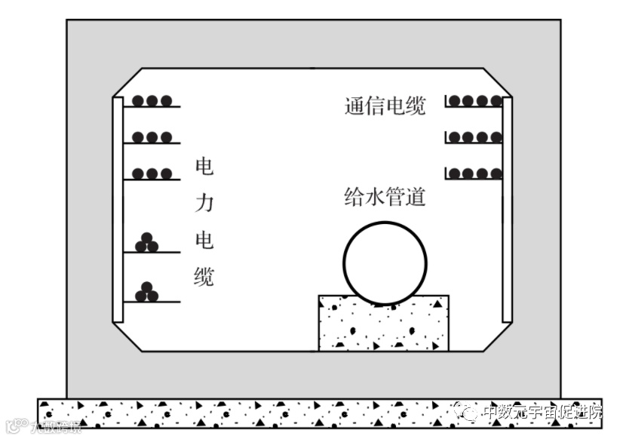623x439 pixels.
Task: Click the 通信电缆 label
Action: [385, 106]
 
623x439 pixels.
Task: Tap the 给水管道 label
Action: [385, 198]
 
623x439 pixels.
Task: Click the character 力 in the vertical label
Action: [204, 203]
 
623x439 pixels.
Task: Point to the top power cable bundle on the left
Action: [152, 101]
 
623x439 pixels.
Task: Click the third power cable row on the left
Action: [152, 173]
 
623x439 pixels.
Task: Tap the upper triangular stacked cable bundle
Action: [146, 242]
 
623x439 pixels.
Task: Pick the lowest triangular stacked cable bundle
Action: [146, 292]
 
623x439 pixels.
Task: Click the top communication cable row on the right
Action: [476, 101]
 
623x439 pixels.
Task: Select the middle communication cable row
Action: [476, 137]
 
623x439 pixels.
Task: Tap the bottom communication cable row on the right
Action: [476, 173]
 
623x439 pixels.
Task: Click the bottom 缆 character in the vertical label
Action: [204, 276]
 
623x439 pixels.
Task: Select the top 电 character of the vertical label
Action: [204, 167]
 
